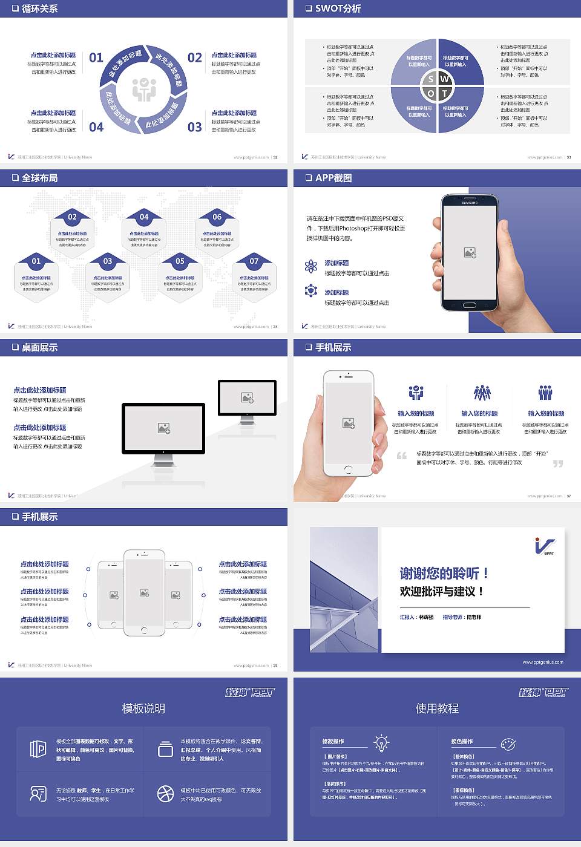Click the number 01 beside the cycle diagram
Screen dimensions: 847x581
[x=96, y=57]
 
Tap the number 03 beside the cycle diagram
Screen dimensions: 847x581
[x=194, y=127]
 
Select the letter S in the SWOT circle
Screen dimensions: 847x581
[x=430, y=79]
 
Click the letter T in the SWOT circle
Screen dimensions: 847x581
[x=445, y=93]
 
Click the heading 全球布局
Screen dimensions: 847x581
[x=39, y=178]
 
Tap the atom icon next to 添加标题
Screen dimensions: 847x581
[x=311, y=266]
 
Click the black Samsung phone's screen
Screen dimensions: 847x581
[x=470, y=251]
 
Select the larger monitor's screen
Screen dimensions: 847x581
[x=163, y=428]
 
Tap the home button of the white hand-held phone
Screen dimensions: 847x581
[x=348, y=469]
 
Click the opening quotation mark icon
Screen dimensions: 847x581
[x=402, y=456]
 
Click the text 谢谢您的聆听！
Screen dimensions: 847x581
[x=444, y=573]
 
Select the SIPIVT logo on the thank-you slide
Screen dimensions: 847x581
[x=545, y=546]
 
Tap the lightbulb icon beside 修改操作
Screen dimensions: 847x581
[x=381, y=742]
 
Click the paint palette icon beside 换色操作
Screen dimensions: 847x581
[x=508, y=744]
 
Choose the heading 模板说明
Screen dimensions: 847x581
[x=143, y=708]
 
